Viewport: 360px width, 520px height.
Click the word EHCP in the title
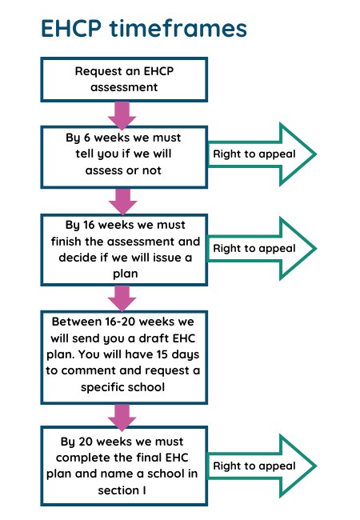pos(71,28)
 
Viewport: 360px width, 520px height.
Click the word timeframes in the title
pos(178,28)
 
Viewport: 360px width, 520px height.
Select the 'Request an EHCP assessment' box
pos(124,79)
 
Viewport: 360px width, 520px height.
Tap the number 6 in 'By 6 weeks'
pos(87,138)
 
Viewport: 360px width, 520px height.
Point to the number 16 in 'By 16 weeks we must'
pos(89,225)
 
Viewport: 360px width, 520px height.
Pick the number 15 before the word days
pos(162,354)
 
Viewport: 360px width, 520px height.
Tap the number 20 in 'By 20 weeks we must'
pos(86,442)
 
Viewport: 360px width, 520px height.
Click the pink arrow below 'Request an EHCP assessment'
pos(122,116)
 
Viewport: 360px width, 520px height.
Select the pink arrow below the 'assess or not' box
pos(122,202)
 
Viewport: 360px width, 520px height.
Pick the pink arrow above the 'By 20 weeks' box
pos(122,418)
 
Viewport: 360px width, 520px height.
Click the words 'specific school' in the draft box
pos(122,387)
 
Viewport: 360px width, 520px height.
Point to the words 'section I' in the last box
pos(122,490)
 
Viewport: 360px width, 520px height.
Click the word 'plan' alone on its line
pos(126,274)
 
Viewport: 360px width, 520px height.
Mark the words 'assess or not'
pos(123,170)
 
